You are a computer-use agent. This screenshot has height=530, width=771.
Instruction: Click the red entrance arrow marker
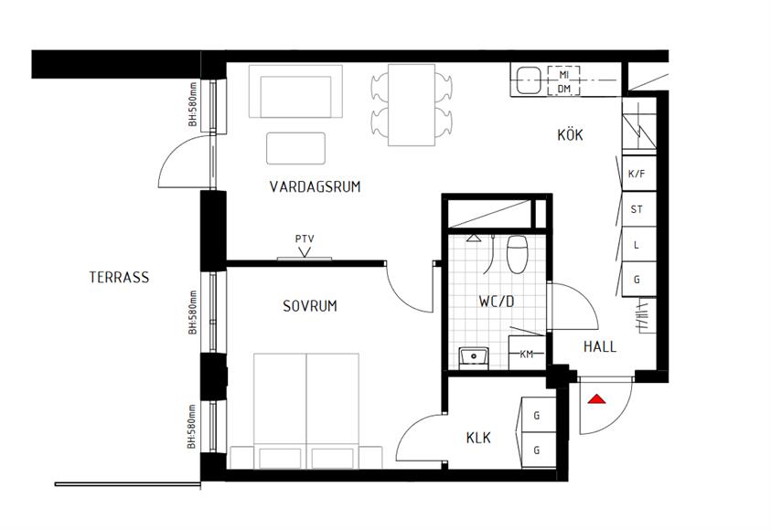[596, 398]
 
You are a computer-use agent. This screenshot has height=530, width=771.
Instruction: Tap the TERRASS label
[119, 278]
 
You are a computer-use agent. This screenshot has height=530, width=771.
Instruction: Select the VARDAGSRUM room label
[315, 186]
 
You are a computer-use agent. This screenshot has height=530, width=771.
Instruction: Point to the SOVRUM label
[310, 306]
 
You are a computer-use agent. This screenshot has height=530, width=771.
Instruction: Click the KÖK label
[570, 134]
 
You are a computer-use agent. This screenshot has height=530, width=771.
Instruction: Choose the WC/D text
[497, 302]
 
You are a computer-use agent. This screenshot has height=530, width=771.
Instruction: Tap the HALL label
[600, 346]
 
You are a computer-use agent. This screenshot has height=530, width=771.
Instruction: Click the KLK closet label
[478, 438]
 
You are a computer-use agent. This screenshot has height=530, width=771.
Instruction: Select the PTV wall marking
[305, 239]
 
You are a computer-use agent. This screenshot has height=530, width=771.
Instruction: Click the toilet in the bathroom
[518, 254]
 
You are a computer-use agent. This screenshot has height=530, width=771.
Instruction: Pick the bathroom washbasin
[474, 356]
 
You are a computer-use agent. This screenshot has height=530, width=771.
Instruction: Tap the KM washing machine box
[527, 353]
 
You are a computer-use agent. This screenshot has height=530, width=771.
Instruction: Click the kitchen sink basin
[528, 80]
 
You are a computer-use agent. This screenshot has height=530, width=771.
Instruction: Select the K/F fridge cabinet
[639, 174]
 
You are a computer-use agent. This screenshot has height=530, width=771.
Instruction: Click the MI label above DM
[564, 75]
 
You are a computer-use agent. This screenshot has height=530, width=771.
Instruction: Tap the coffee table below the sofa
[295, 148]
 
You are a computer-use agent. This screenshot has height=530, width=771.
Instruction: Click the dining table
[412, 104]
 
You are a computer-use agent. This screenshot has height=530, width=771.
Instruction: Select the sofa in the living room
[295, 91]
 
